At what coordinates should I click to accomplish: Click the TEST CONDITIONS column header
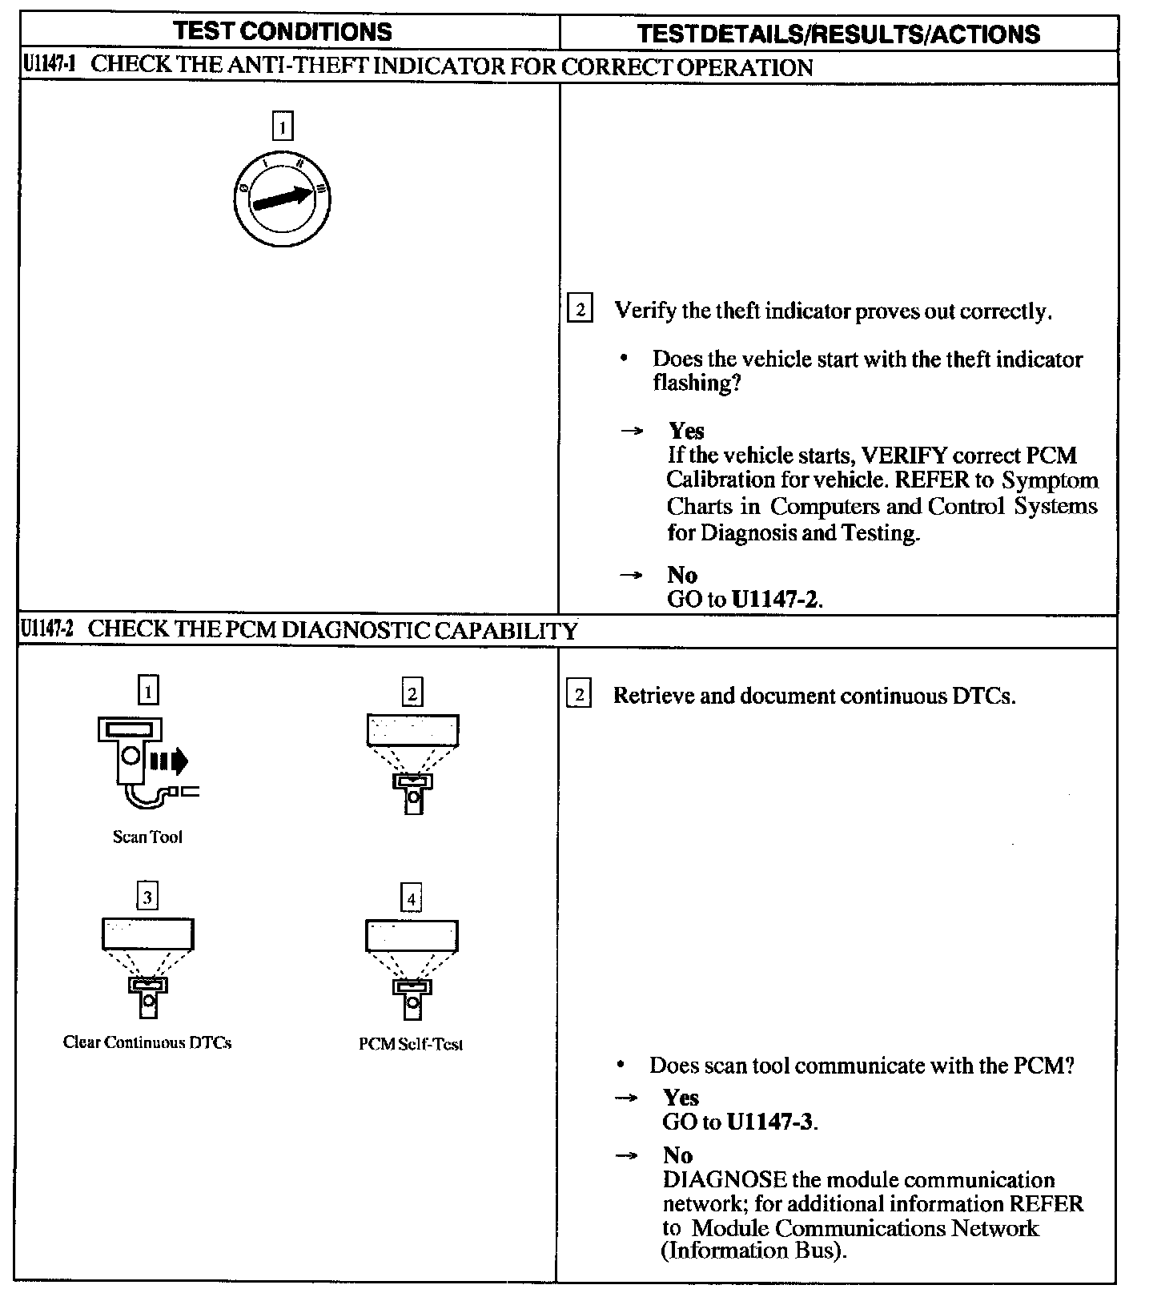(283, 31)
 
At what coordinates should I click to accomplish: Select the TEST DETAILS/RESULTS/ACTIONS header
(838, 34)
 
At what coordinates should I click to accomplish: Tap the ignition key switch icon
(283, 198)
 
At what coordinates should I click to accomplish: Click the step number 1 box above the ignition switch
(283, 127)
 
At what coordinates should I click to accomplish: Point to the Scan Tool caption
(147, 837)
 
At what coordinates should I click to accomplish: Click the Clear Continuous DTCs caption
(147, 1042)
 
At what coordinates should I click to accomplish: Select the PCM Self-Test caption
(411, 1044)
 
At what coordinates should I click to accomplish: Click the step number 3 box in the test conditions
(147, 897)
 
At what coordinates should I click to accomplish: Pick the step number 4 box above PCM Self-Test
(411, 899)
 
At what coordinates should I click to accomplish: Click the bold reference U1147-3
(770, 1122)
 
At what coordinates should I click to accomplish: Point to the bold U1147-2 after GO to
(776, 600)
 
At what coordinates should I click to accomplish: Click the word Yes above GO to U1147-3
(681, 1098)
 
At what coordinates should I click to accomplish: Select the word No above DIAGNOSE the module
(677, 1155)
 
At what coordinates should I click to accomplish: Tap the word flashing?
(696, 383)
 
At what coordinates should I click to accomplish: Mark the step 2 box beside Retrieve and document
(579, 695)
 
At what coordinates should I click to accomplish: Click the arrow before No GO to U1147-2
(632, 575)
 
